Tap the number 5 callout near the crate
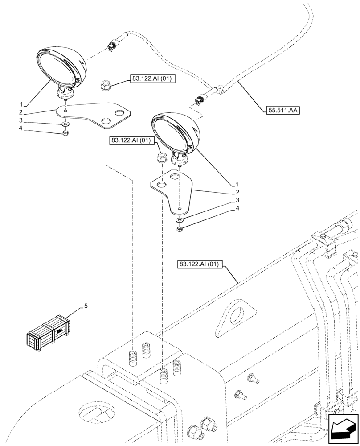click(x=86, y=306)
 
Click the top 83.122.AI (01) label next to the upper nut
click(x=153, y=79)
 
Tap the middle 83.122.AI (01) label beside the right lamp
click(x=131, y=140)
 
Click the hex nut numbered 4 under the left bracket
click(x=65, y=132)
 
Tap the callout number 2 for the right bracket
click(x=237, y=193)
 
